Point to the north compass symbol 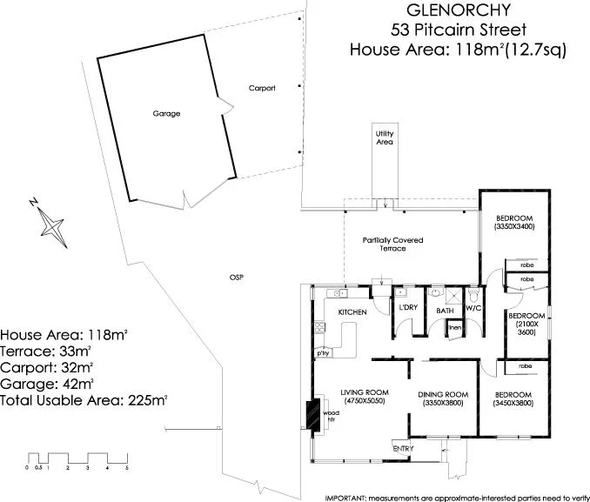[x=52, y=222]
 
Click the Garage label [x=166, y=113]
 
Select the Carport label [x=262, y=88]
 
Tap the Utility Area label [x=385, y=137]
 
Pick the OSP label [x=235, y=277]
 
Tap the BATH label [x=445, y=311]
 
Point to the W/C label [x=473, y=309]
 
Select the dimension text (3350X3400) [x=515, y=226]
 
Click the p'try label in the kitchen [x=322, y=353]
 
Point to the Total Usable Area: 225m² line [x=84, y=400]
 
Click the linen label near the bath [x=454, y=327]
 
